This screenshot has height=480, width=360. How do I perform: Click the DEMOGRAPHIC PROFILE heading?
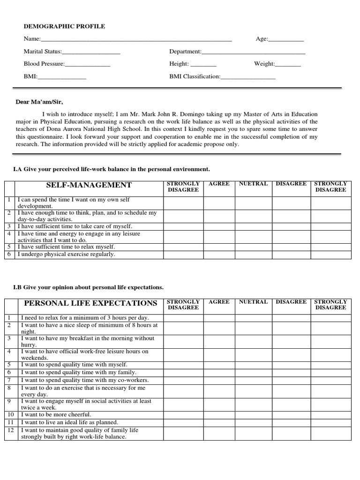(x=65, y=27)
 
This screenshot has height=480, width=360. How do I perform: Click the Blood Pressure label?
(x=44, y=64)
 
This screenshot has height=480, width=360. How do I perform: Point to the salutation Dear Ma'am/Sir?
(x=39, y=102)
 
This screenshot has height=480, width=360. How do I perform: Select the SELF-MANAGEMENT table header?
(x=89, y=185)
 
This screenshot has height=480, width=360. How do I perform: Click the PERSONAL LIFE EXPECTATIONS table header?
(x=91, y=303)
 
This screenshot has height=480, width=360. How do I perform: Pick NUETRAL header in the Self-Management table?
(x=253, y=184)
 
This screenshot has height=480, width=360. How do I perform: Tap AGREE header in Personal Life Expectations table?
(x=219, y=302)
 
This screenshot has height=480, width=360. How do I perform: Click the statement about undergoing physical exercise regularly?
(x=66, y=255)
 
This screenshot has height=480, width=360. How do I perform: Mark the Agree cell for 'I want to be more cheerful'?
(x=219, y=415)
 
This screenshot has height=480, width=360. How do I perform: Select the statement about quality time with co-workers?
(x=85, y=380)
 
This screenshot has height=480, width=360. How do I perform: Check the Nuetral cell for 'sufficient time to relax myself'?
(x=253, y=247)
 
